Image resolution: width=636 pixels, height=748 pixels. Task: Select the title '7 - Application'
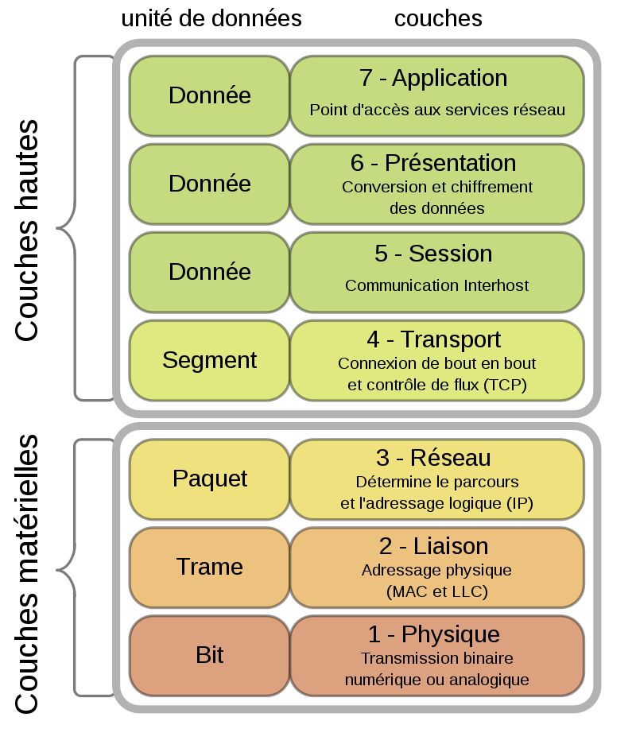(433, 78)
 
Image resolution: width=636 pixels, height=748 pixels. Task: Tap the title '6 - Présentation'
(433, 163)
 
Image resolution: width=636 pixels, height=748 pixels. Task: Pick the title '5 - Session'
(433, 254)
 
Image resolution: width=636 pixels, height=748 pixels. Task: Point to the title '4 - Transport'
(434, 339)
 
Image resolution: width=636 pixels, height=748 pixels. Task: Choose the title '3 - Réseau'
(433, 458)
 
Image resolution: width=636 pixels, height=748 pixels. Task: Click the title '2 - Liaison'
(433, 546)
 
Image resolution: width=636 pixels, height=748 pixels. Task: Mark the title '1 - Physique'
(433, 634)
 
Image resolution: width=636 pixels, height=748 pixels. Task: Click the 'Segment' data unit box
(209, 360)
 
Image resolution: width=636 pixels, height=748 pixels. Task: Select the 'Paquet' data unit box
(209, 479)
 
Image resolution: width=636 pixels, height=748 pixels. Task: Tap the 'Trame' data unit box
(209, 567)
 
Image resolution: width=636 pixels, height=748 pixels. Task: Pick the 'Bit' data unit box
(209, 655)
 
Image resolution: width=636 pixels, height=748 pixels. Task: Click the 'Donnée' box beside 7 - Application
(209, 95)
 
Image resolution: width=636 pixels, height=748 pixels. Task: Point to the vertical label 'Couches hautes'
(27, 231)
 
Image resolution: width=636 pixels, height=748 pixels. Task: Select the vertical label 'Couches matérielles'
(27, 573)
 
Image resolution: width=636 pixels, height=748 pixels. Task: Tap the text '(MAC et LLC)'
(436, 591)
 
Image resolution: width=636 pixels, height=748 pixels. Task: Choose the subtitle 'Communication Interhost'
(436, 285)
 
